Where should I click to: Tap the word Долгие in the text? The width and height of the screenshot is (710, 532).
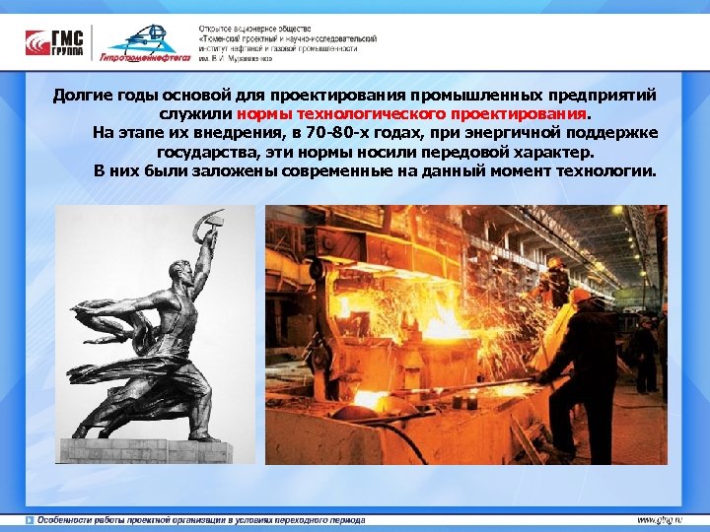click(x=82, y=96)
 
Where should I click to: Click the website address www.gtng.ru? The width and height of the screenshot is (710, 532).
click(x=660, y=519)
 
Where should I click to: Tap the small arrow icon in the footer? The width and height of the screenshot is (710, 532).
click(x=30, y=519)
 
